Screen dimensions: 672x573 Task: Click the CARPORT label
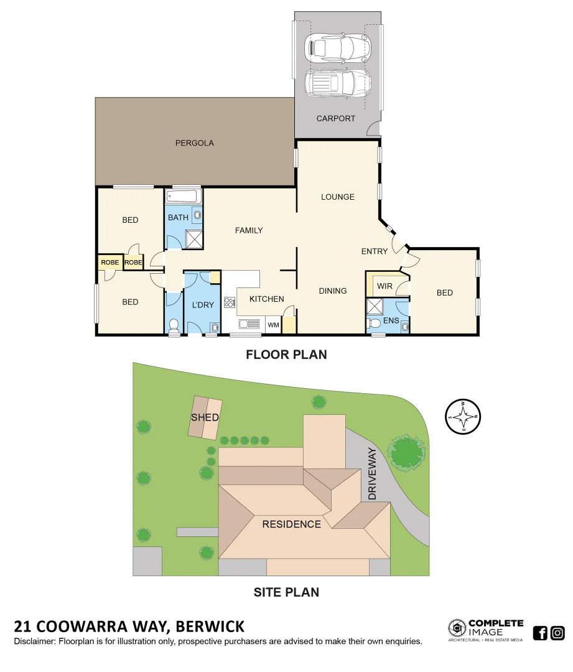(x=336, y=118)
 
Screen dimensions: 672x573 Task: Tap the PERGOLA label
(x=194, y=143)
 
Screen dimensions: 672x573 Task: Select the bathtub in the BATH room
(x=183, y=197)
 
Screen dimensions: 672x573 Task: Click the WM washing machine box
(x=273, y=325)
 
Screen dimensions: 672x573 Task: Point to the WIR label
(x=385, y=287)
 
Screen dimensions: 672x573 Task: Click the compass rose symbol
(x=464, y=416)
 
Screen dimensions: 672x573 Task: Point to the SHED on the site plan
(x=205, y=417)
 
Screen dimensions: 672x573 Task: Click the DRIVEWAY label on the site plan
(x=373, y=474)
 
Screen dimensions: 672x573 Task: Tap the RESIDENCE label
(x=291, y=524)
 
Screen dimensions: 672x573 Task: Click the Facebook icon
(x=540, y=633)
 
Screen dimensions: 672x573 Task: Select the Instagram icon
(x=557, y=633)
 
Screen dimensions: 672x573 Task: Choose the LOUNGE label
(x=338, y=197)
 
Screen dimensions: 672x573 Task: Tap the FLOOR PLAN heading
(x=286, y=355)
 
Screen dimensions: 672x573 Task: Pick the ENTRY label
(x=375, y=251)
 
